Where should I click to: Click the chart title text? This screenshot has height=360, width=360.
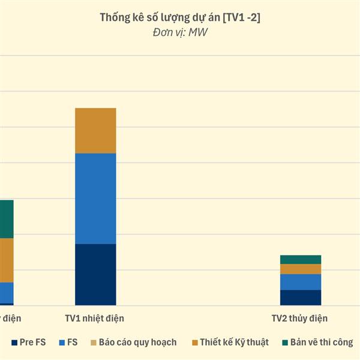pyautogui.click(x=179, y=18)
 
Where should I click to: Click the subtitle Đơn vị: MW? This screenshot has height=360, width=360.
pyautogui.click(x=180, y=32)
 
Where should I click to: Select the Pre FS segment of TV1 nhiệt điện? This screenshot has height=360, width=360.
pyautogui.click(x=95, y=274)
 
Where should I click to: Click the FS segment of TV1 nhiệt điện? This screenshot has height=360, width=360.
pyautogui.click(x=95, y=199)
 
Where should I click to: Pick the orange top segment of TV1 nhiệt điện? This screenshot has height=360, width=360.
pyautogui.click(x=95, y=131)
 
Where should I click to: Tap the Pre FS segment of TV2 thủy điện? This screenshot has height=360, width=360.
pyautogui.click(x=301, y=298)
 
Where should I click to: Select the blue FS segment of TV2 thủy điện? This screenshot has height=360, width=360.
pyautogui.click(x=301, y=282)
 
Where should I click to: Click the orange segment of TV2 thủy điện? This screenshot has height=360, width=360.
pyautogui.click(x=301, y=269)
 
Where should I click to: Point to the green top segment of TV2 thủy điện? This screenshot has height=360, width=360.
pyautogui.click(x=301, y=259)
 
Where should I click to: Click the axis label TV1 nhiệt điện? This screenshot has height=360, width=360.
pyautogui.click(x=94, y=318)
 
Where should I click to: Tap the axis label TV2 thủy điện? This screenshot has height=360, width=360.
pyautogui.click(x=299, y=318)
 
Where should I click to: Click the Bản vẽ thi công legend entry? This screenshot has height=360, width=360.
pyautogui.click(x=321, y=342)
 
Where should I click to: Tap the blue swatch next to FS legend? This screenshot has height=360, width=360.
pyautogui.click(x=62, y=343)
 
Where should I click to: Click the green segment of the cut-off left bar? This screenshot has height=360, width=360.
pyautogui.click(x=7, y=219)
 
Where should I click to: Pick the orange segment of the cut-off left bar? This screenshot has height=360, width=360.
pyautogui.click(x=7, y=260)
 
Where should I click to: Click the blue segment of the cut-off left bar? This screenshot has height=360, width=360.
pyautogui.click(x=7, y=292)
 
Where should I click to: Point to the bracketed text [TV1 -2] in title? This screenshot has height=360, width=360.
pyautogui.click(x=241, y=18)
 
